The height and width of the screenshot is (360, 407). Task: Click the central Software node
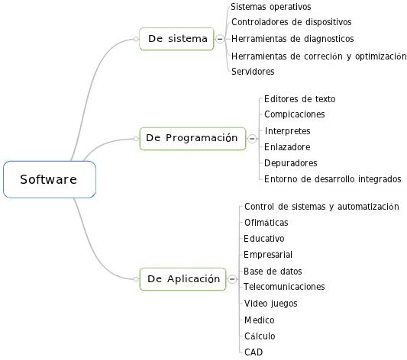pos(50,179)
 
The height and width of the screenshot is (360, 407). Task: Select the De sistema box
pos(176,39)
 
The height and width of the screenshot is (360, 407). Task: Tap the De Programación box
pos(192,139)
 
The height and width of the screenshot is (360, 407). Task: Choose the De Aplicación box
pos(183,279)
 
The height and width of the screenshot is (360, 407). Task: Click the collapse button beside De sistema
pos(220,39)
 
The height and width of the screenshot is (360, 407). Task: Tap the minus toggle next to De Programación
pos(252,139)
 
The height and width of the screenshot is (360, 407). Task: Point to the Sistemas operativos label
pos(271,7)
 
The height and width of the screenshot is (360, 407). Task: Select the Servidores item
pos(253,71)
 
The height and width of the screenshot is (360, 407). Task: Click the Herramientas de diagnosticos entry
pos(292,39)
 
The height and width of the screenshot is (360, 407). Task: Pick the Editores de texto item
pos(300,98)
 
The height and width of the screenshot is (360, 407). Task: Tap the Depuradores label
pos(291,163)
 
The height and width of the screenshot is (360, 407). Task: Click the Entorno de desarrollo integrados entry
pos(333,179)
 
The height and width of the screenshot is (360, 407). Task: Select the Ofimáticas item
pos(266,223)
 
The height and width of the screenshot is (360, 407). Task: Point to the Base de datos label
pos(273,272)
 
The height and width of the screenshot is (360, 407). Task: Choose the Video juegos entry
pos(271,304)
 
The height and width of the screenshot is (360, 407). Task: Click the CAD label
pos(254,352)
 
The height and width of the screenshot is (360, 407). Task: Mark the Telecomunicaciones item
pos(284,287)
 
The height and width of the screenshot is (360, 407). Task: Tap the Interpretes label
pos(288,131)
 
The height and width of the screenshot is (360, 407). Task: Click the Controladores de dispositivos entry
pos(292,22)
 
